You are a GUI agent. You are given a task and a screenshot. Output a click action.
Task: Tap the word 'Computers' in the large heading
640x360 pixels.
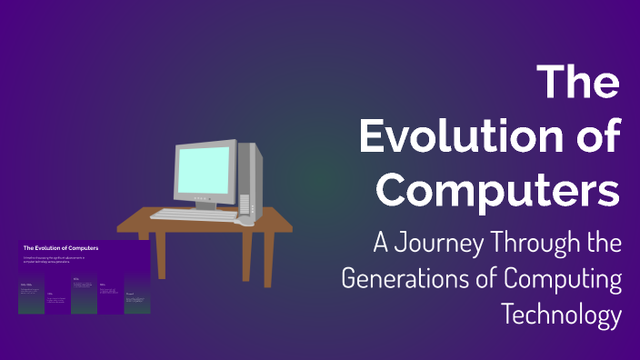[x=499, y=191]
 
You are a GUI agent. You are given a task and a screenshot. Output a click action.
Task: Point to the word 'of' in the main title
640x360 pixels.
[x=595, y=137]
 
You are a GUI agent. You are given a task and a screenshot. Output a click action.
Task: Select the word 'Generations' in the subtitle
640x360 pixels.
[x=414, y=279]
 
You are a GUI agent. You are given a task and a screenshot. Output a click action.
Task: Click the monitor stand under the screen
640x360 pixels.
[x=209, y=205]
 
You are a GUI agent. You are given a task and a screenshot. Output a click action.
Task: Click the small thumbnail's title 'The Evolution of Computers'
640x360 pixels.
[x=61, y=247]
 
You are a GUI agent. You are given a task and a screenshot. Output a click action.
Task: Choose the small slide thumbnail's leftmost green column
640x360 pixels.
[x=30, y=300]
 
